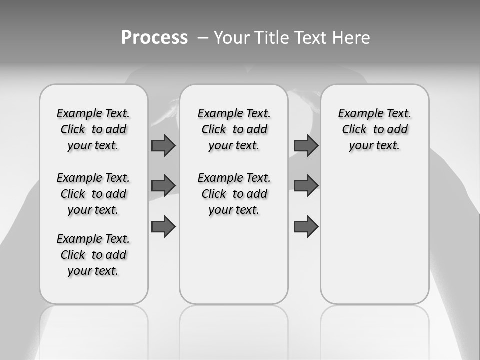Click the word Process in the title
154,38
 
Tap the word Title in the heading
270,38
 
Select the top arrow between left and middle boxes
163,145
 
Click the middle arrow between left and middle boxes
163,185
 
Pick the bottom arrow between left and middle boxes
163,226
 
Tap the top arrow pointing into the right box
306,145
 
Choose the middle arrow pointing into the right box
306,185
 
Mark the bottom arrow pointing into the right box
306,226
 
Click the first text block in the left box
93,129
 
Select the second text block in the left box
93,194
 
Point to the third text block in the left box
93,255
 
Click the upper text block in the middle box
234,129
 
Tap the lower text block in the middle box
234,194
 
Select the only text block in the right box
374,129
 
